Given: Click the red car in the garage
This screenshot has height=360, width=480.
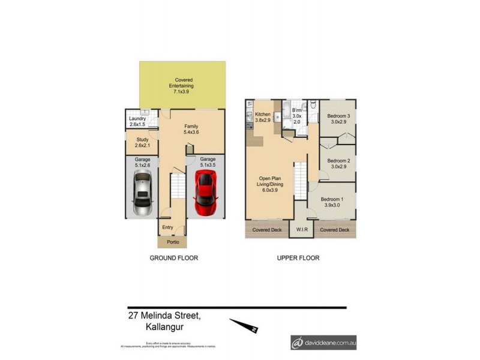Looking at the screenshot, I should (206, 193).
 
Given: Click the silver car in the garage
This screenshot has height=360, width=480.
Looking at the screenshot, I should (143, 193).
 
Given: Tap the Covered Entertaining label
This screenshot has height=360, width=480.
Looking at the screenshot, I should (183, 86).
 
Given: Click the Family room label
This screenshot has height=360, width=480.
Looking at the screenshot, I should (191, 129).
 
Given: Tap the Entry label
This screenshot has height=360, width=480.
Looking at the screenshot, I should (168, 227).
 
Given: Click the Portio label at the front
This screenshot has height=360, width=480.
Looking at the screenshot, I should (172, 242).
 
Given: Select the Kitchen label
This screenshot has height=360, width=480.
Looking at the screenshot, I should (263, 117).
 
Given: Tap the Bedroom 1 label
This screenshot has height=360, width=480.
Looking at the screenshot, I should (332, 202).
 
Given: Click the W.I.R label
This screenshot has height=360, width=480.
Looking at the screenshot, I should (302, 230).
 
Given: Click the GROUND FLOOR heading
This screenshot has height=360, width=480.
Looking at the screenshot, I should (173, 258).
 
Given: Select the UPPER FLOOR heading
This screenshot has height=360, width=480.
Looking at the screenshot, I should (298, 258).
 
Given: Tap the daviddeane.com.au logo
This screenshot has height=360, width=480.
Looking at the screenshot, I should (323, 343).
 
